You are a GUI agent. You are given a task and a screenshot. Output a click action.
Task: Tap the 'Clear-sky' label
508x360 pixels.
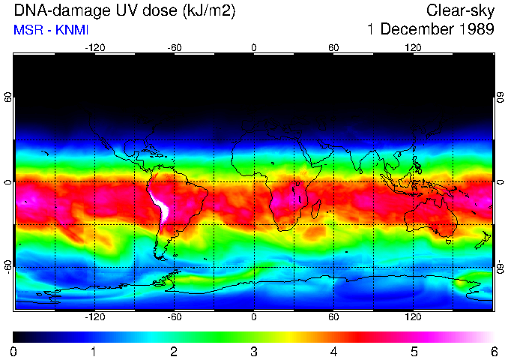point(461,10)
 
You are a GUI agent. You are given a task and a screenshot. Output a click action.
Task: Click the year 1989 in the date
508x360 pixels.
point(474,30)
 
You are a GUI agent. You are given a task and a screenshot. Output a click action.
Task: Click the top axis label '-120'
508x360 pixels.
point(94,47)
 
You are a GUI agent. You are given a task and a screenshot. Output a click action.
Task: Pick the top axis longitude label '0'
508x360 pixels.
point(254,47)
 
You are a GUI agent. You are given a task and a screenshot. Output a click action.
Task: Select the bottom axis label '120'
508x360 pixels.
point(414,317)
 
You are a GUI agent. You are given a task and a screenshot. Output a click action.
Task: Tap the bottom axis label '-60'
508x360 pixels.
point(174,317)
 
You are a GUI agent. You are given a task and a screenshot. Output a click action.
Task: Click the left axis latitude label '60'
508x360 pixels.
point(8,98)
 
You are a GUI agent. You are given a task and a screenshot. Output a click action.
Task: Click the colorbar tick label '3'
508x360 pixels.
point(253,351)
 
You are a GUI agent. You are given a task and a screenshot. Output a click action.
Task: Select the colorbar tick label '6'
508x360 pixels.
point(493,351)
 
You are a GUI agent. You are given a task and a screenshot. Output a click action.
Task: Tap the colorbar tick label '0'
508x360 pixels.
point(14,351)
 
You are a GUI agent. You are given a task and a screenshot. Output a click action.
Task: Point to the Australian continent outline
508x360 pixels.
point(431,217)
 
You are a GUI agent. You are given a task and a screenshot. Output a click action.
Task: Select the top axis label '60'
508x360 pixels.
point(333,47)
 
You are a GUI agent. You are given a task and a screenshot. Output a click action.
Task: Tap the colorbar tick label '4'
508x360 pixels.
point(333,351)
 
